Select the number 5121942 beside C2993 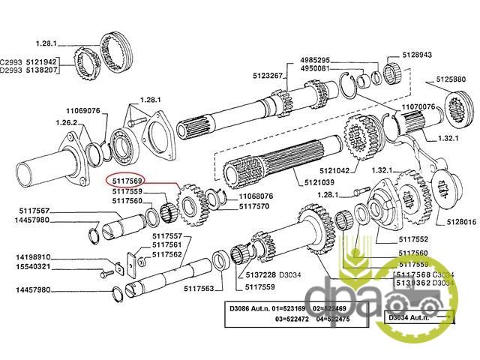coord(42,61)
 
